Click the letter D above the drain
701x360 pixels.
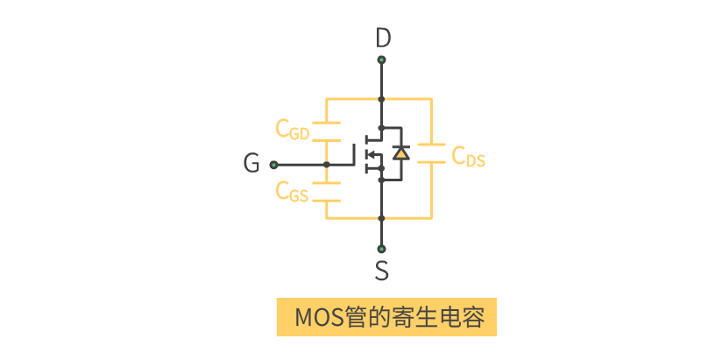[382, 38]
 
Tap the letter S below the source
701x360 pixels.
[382, 271]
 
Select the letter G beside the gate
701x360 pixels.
[251, 164]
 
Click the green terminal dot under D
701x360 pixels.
[382, 60]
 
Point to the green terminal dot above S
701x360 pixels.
[382, 248]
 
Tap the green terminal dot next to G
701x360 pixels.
[273, 165]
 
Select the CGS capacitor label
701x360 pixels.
[293, 191]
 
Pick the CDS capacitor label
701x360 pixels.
[469, 157]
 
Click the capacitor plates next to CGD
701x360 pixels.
[326, 133]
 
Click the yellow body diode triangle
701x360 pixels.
[400, 153]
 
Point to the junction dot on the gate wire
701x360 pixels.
[326, 165]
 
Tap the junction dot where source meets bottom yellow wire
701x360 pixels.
[382, 218]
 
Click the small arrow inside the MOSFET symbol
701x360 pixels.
[372, 156]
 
